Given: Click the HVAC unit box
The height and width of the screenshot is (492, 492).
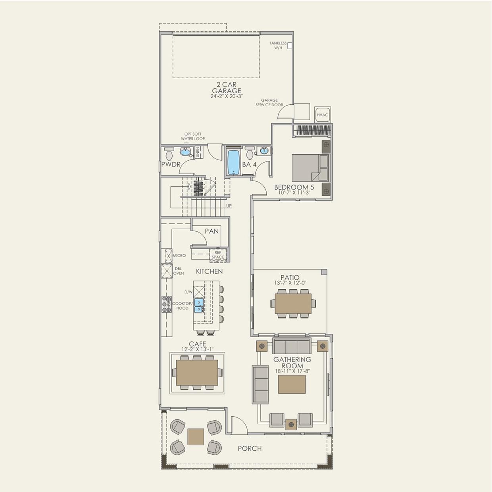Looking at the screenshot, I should pyautogui.click(x=322, y=115).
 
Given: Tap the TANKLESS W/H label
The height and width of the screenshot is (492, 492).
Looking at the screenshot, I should pyautogui.click(x=278, y=46).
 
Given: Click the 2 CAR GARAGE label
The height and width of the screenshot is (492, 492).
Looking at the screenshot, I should pyautogui.click(x=227, y=88).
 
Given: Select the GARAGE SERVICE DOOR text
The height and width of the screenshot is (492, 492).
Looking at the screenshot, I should pyautogui.click(x=269, y=103).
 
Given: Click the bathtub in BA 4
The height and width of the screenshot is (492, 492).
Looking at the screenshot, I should pyautogui.click(x=234, y=162).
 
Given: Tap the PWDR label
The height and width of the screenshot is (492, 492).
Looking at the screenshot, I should pyautogui.click(x=171, y=164).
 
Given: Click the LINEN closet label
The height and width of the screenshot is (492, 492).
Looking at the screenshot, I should pyautogui.click(x=198, y=152).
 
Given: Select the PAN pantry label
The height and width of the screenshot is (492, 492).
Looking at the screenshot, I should pyautogui.click(x=211, y=231).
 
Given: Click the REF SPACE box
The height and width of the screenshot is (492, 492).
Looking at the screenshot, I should pyautogui.click(x=218, y=255).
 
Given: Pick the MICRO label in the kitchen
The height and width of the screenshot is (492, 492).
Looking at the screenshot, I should pyautogui.click(x=179, y=256).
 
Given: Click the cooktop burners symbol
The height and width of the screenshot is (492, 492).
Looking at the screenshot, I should pyautogui.click(x=166, y=304).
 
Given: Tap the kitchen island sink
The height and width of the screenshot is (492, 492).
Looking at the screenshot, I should pyautogui.click(x=199, y=306).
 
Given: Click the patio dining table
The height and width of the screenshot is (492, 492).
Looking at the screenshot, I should pyautogui.click(x=293, y=304).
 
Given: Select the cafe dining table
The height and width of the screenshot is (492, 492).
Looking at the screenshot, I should pyautogui.click(x=197, y=373).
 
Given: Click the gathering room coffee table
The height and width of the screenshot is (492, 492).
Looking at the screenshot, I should pyautogui.click(x=292, y=384).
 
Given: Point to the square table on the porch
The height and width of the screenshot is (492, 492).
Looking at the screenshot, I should pyautogui.click(x=196, y=436).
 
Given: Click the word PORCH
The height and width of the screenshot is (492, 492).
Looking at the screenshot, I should pyautogui.click(x=250, y=448).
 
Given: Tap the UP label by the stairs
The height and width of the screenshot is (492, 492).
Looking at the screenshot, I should pyautogui.click(x=229, y=206).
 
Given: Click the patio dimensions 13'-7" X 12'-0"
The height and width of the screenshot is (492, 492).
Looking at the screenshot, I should pyautogui.click(x=290, y=283).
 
